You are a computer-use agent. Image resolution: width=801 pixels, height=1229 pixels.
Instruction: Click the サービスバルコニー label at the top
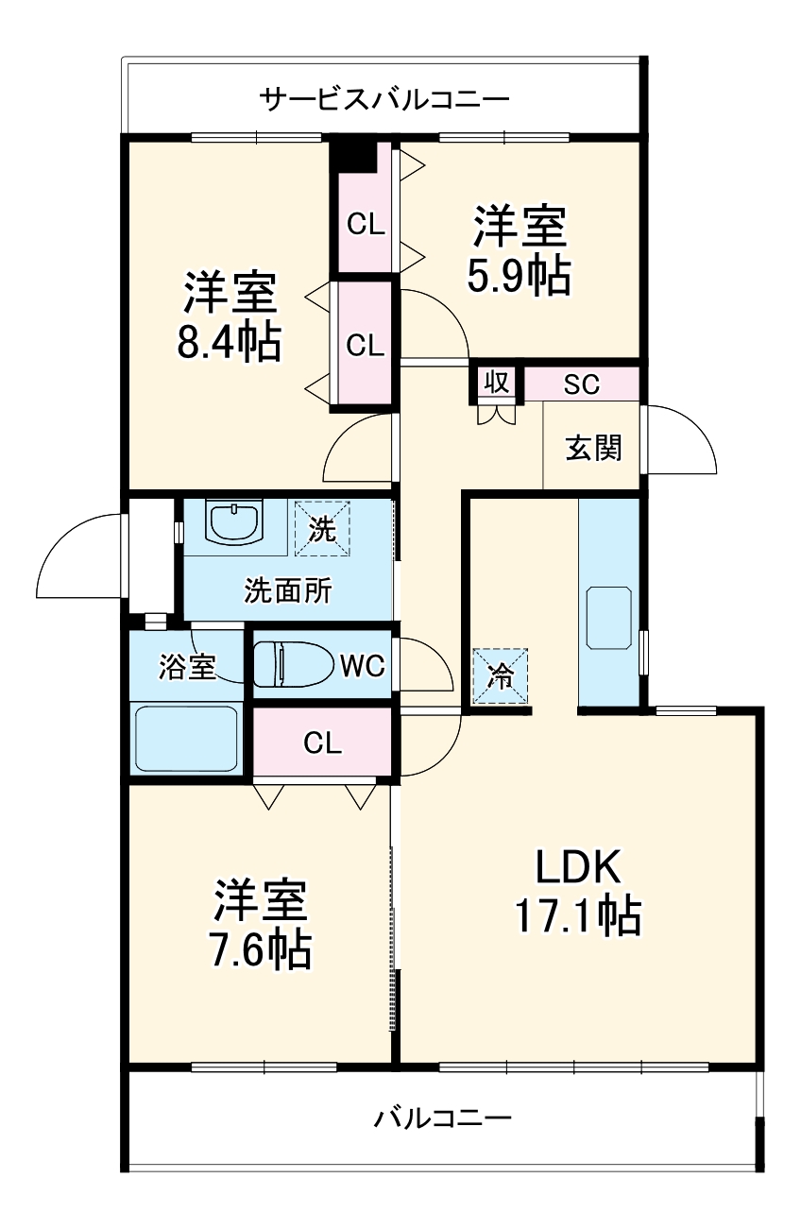click(384, 99)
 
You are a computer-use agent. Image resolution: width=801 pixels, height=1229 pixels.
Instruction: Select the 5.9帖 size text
click(519, 276)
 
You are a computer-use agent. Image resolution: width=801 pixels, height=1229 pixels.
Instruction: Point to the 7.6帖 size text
click(260, 949)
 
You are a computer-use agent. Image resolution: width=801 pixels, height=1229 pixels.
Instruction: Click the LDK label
click(577, 865)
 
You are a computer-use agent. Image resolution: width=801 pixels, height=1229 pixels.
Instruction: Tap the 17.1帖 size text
click(577, 914)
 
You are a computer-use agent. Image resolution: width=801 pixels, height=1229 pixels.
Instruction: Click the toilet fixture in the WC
click(293, 665)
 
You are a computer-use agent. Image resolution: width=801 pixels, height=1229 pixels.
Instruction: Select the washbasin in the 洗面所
click(233, 522)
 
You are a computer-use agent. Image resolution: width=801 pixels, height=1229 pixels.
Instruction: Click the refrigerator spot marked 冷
click(500, 675)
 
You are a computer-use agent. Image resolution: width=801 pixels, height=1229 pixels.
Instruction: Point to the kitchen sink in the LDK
click(609, 618)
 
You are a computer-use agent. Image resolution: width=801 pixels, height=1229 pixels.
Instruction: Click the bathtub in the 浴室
click(187, 739)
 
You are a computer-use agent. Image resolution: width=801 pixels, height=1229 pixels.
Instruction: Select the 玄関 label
click(593, 448)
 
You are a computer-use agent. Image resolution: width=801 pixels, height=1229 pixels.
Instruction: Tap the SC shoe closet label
click(581, 384)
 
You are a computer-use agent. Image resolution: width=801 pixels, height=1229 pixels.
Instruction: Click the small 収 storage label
click(497, 383)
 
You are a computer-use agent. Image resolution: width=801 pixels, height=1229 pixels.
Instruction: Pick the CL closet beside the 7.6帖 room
click(322, 743)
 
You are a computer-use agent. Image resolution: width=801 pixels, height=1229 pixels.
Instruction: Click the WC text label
click(362, 666)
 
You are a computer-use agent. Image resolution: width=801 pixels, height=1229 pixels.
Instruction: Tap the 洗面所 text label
click(287, 591)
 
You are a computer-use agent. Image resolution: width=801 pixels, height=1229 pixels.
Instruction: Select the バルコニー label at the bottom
click(442, 1119)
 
